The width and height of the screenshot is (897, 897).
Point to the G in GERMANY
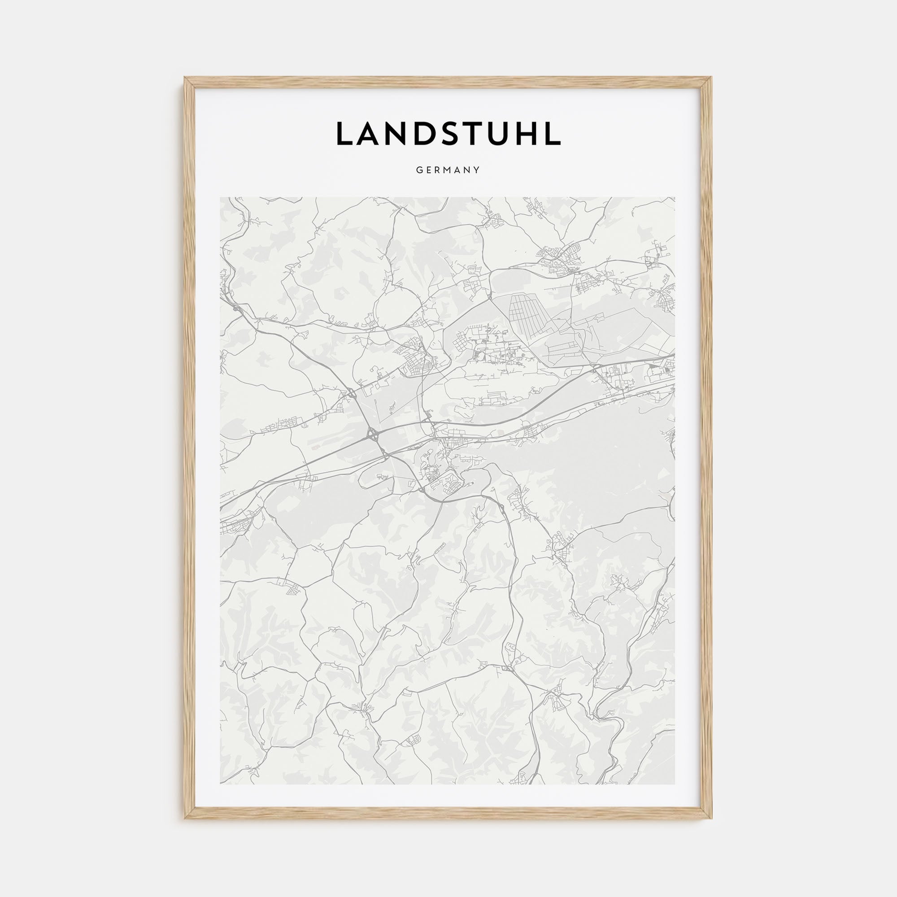click(x=419, y=170)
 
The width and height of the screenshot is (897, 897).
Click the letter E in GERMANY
click(x=428, y=170)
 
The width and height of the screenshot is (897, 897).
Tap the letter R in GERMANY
click(x=438, y=170)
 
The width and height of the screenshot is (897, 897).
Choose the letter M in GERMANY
click(x=448, y=170)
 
